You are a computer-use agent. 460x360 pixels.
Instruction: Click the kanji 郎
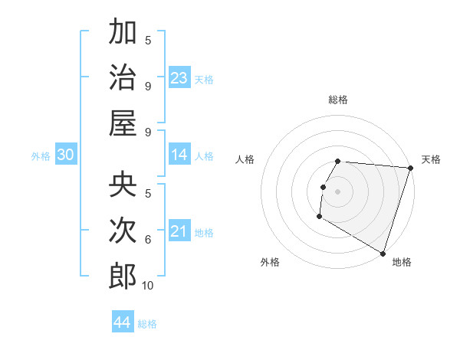coord(123,275)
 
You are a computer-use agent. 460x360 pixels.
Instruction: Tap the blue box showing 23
coord(179,77)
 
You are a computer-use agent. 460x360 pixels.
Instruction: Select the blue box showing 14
coord(179,155)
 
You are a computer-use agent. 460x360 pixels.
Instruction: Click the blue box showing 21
coord(179,231)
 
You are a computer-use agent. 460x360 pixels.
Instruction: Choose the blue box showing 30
coord(65,155)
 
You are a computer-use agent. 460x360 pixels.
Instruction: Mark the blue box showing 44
coord(122,322)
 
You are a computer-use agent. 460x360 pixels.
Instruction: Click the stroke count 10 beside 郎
coord(148,286)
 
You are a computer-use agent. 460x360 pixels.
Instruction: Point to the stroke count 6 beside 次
coord(148,240)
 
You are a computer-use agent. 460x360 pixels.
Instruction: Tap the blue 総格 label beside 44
coord(147,324)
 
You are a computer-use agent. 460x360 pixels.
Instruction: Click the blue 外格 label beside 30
coord(41,156)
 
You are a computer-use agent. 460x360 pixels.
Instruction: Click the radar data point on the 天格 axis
coord(410,168)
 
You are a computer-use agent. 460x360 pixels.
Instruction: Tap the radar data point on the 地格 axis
coord(383,253)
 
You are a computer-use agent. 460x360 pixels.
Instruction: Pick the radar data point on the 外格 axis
coord(319,216)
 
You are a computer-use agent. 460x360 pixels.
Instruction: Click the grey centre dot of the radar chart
coord(337,191)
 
